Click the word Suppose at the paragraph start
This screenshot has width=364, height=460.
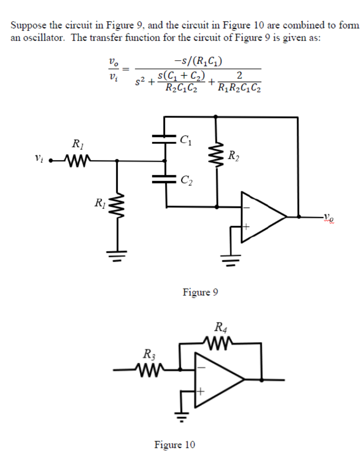point(25,25)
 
